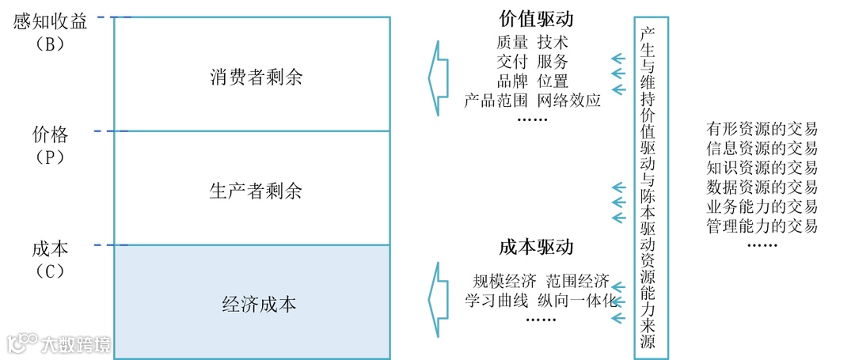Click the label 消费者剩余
pos(256,78)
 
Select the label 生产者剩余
pos(256,191)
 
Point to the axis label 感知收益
pos(51,21)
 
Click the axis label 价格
pos(50,132)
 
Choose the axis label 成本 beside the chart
pos(50,248)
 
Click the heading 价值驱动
pos(536,19)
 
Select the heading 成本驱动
pos(536,246)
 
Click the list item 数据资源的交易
pos(762,188)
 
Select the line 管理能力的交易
pos(762,226)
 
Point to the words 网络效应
pos(569,100)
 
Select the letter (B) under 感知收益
pos(49,44)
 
